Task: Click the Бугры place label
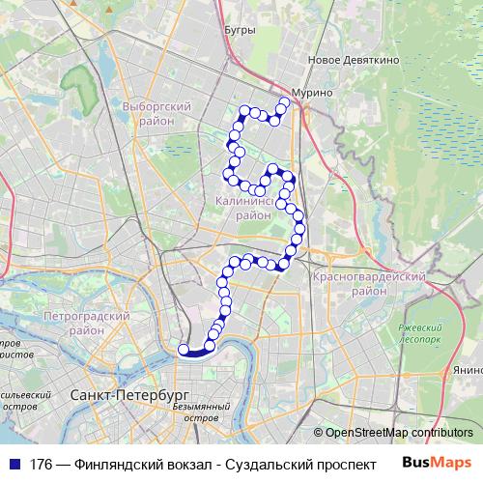(x=239, y=30)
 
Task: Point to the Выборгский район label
(x=155, y=114)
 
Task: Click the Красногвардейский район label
(x=370, y=283)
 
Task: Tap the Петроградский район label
(x=87, y=323)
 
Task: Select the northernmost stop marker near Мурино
(x=285, y=101)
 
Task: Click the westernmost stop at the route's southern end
(x=183, y=350)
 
